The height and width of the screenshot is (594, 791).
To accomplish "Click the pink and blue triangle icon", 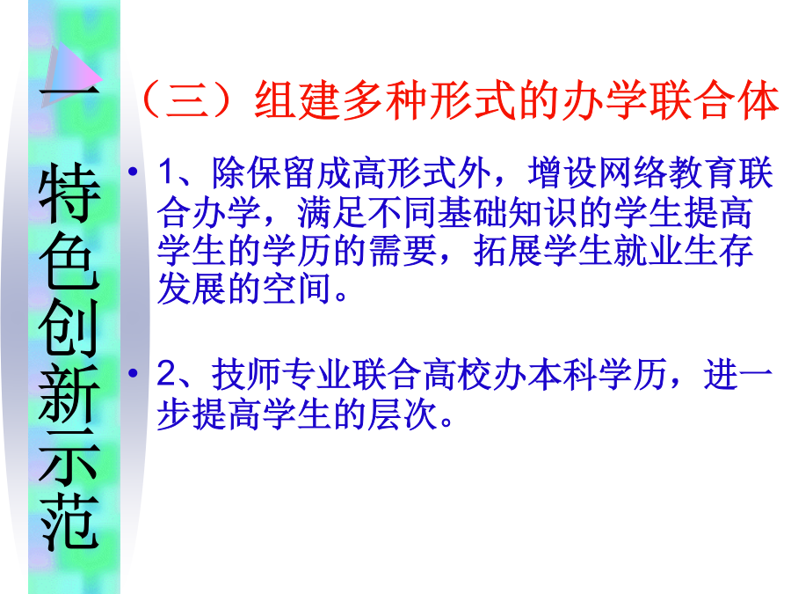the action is coord(70,76).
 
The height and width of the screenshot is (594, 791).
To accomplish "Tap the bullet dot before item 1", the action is coord(134,172).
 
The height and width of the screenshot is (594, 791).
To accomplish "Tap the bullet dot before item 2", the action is coord(134,373).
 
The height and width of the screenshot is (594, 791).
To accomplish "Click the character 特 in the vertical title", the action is coord(69,194).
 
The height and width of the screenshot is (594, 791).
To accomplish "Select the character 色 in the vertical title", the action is coord(69,260).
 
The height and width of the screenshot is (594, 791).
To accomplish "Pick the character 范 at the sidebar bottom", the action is coord(69,522).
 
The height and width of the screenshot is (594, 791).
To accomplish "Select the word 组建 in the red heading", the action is coord(298,99).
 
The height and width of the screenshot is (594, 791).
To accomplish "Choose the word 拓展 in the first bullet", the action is coord(507,251).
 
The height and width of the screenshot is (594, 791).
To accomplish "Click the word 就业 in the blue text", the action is coord(648,251).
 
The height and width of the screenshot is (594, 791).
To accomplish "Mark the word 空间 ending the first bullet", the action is coord(297,289).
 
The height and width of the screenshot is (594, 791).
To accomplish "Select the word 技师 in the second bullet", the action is coord(246,375).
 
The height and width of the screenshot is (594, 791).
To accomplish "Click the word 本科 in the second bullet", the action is coord(562,375).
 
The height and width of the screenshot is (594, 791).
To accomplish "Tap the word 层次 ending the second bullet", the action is coord(402,414).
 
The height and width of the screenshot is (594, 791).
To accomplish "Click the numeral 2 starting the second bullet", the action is coord(166,374).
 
